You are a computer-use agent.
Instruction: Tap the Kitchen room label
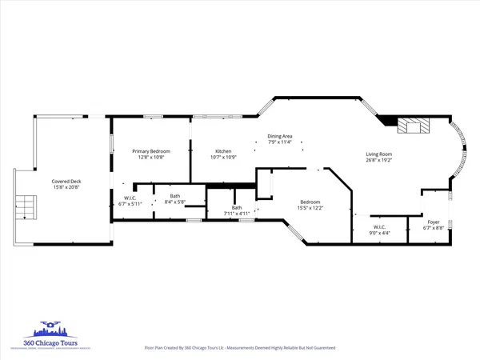[222, 151]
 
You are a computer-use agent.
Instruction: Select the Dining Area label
[279, 137]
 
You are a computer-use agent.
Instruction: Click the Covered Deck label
[66, 182]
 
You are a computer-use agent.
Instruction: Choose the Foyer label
[433, 223]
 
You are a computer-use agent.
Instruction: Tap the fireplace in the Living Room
[415, 125]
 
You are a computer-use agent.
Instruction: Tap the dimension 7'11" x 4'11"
[237, 214]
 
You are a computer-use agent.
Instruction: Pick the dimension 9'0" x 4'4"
[378, 233]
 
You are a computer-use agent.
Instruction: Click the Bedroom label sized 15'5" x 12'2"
[311, 202]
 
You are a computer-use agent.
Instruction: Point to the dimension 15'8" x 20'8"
[66, 187]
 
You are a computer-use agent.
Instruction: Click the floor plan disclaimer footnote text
[240, 348]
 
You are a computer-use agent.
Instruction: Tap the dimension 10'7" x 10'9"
[222, 157]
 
